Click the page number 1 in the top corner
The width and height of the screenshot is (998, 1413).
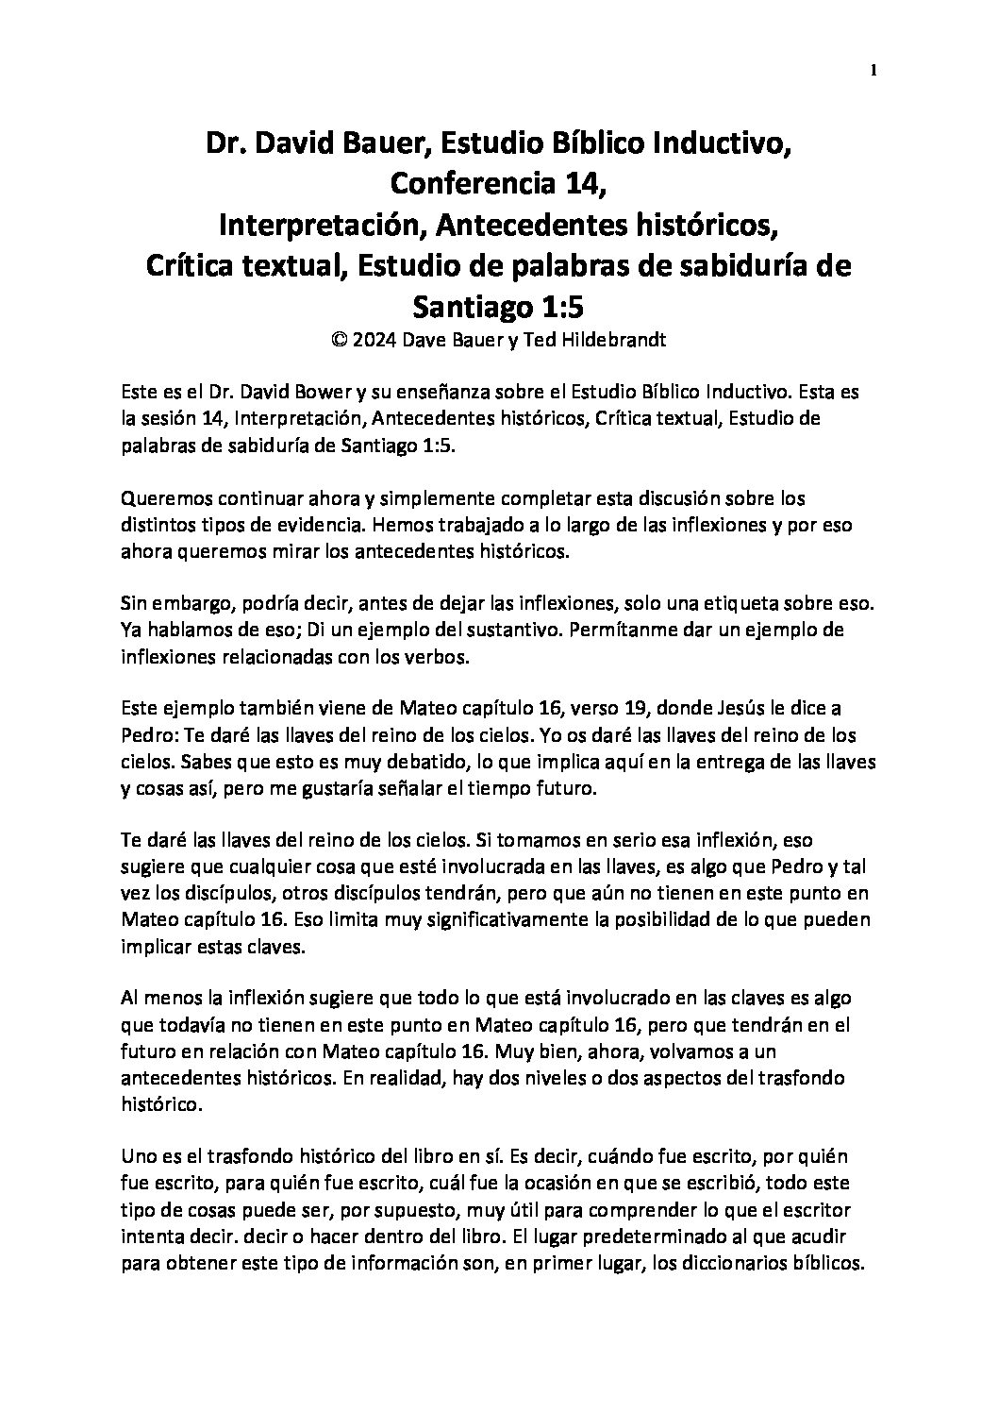click(875, 70)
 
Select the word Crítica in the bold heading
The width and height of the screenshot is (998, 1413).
click(191, 266)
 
